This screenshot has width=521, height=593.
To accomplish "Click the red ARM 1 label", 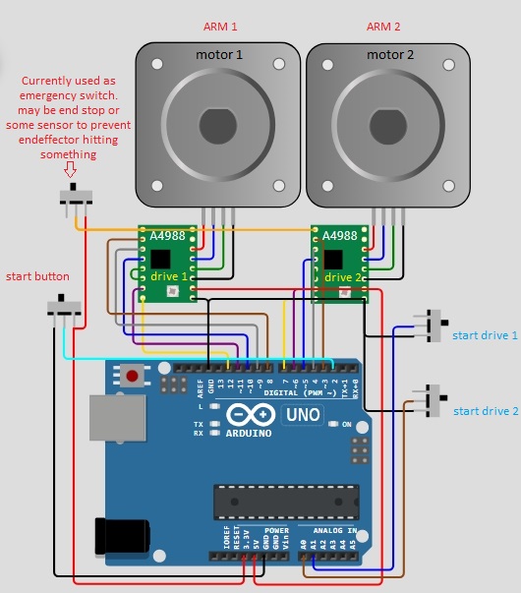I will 219,27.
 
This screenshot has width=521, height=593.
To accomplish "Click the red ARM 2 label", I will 383,27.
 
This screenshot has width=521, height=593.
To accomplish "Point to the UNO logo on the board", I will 302,414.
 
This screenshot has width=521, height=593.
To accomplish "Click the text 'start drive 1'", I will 485,336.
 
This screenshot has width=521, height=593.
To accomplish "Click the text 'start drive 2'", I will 485,411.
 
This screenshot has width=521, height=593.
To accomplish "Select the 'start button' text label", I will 37,276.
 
